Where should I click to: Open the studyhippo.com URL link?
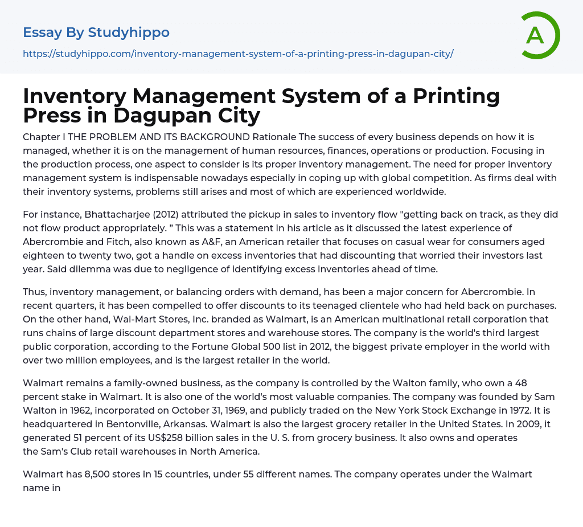pyautogui.click(x=238, y=54)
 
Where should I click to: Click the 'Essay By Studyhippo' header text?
pyautogui.click(x=96, y=32)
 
